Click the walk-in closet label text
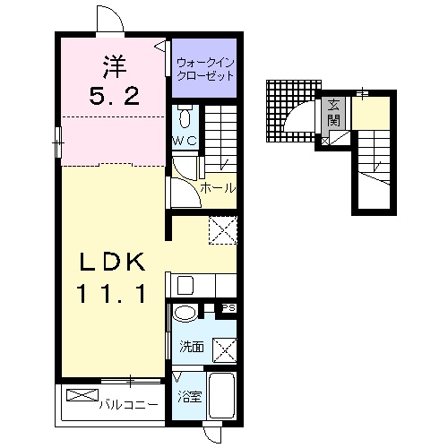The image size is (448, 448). [205, 70]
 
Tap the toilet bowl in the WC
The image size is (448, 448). [185, 116]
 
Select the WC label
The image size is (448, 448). [185, 141]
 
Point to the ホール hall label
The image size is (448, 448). [218, 188]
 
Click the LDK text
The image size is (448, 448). [112, 262]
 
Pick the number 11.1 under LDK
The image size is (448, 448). [112, 294]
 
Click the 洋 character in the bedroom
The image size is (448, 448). [115, 67]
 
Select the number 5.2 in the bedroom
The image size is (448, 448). [115, 95]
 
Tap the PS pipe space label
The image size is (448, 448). [229, 308]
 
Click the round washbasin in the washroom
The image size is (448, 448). [185, 314]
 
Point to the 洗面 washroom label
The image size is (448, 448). [192, 347]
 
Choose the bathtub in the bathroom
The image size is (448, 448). [222, 395]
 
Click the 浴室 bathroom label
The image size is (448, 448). [190, 397]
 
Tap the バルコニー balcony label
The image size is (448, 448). [128, 405]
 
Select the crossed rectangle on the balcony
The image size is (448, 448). [82, 395]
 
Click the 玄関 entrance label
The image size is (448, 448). [333, 112]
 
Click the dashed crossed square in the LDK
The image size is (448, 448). [223, 230]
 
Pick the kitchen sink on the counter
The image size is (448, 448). [185, 286]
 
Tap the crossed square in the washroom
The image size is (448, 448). [225, 350]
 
